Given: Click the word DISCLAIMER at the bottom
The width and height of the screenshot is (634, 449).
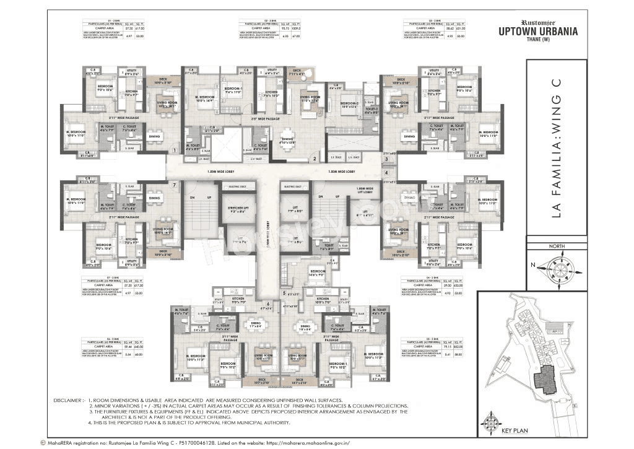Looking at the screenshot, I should point(67,401).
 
